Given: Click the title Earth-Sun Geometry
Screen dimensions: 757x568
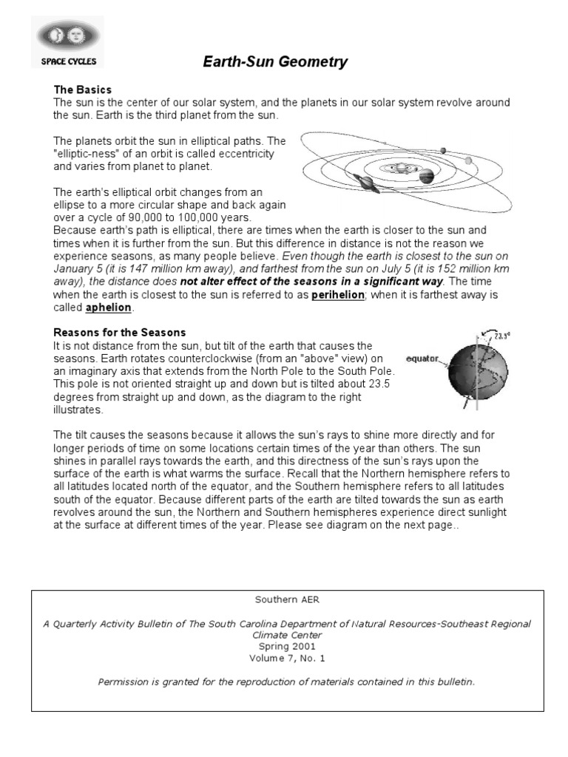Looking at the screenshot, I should coord(275,63).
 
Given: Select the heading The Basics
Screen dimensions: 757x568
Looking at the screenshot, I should coord(82,89).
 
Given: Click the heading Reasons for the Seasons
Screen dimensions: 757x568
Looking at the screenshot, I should coord(119,333).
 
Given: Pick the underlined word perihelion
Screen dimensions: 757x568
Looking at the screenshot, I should coord(337,294).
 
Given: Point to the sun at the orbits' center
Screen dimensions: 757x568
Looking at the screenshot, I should coord(399,169).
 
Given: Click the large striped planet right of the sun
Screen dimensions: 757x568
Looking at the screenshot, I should coord(427,176).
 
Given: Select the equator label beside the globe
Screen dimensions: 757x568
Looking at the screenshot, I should coord(422,360).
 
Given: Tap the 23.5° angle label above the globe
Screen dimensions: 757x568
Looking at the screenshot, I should coord(502,335).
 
